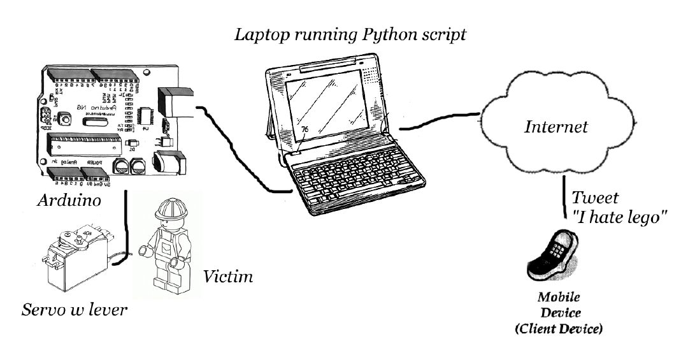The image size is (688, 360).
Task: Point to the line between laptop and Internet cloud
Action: click(440, 121)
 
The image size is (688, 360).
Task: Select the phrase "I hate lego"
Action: click(620, 217)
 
